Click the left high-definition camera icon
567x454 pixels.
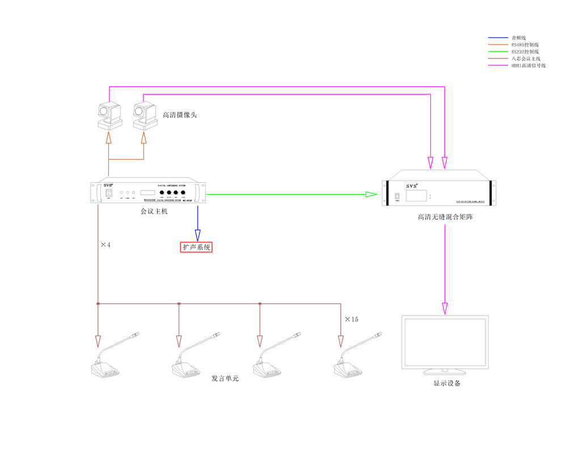[109, 117]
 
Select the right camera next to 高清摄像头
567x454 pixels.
[144, 117]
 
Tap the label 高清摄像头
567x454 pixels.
[180, 115]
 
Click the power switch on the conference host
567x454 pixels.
[108, 193]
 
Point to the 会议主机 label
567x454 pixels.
[154, 211]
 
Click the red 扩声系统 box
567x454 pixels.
[196, 247]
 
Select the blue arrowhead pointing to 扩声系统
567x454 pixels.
[198, 235]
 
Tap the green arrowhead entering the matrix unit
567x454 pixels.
[371, 195]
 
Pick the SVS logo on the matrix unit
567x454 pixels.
[412, 186]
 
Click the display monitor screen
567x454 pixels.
[445, 343]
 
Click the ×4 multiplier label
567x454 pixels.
[105, 245]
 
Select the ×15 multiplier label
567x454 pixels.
[352, 320]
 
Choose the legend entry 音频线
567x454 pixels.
[519, 37]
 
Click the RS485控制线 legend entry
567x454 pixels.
[524, 44]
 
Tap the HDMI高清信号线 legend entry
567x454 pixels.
[528, 65]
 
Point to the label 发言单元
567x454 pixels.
[225, 378]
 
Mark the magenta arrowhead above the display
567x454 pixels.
[445, 309]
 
